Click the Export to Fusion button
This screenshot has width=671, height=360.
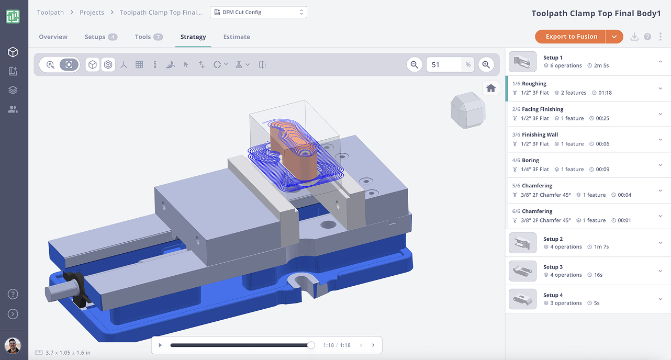click(571, 37)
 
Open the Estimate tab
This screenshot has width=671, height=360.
click(237, 37)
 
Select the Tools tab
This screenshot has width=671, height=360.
click(143, 37)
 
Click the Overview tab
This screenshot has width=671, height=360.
click(53, 37)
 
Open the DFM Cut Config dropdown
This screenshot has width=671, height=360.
click(258, 12)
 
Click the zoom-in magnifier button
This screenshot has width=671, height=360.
click(486, 64)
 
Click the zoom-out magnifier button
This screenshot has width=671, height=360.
click(415, 64)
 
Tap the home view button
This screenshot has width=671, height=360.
click(491, 88)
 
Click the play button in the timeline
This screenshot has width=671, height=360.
click(160, 345)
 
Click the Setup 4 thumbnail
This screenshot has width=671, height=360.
click(522, 299)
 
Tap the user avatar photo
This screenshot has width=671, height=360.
click(13, 345)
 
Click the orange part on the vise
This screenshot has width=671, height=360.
click(293, 157)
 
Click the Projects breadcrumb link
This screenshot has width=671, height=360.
click(92, 13)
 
